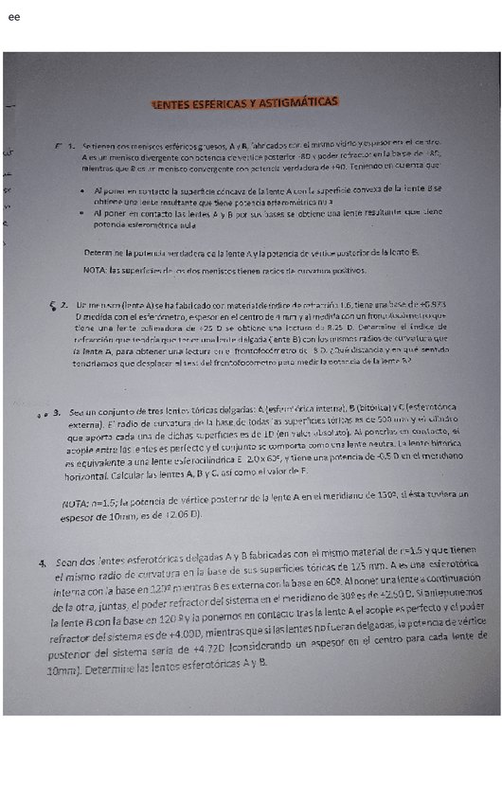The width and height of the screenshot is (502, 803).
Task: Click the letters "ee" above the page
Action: click(x=13, y=17)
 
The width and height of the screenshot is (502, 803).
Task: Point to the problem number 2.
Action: click(x=63, y=305)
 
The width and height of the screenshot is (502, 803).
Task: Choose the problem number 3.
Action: click(x=58, y=412)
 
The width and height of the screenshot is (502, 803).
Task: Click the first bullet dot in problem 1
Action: click(x=86, y=190)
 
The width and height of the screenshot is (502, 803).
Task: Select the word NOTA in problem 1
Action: click(x=95, y=270)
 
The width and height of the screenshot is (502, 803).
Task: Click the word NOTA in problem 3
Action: click(x=77, y=503)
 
